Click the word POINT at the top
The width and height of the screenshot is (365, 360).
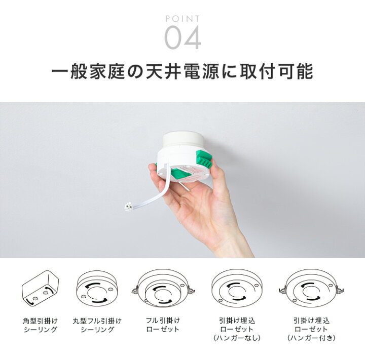point(182,19)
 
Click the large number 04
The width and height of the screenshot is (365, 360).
point(182,37)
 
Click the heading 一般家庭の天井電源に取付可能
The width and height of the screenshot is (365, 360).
point(182,71)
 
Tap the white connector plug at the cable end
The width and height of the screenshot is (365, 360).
point(128,207)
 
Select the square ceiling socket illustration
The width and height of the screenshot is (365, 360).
point(40,289)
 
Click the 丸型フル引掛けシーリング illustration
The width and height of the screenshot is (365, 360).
point(98,289)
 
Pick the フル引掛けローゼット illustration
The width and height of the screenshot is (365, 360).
point(163,289)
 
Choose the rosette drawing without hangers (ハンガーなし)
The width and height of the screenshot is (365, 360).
point(237,289)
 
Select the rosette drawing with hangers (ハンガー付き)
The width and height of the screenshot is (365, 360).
point(311,289)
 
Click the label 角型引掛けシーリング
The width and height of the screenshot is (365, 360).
point(40,325)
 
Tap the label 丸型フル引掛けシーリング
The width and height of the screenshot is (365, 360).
point(97,325)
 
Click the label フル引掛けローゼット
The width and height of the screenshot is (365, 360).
point(163,325)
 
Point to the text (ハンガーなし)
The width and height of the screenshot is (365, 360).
point(237,338)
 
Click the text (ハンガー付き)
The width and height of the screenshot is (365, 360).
point(311,338)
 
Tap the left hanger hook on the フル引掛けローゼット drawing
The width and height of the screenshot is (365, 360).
point(135,290)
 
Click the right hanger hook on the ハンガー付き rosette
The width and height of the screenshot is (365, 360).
point(340,290)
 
